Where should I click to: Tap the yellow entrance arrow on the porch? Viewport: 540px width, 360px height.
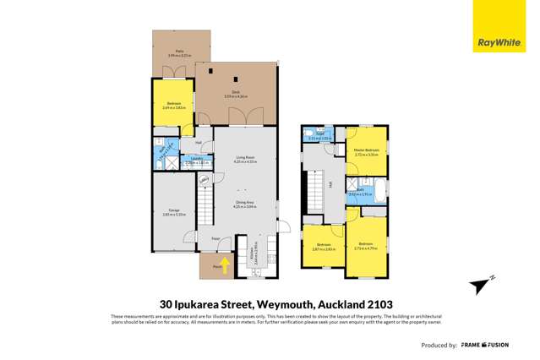pos(224,263)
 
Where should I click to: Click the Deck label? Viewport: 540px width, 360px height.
pos(228,95)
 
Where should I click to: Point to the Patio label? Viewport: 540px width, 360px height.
pos(180,53)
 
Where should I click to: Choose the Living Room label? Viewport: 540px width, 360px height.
pos(243,158)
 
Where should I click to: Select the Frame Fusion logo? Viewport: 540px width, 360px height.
pos(497,346)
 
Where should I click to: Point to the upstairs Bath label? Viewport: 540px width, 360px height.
pos(361,192)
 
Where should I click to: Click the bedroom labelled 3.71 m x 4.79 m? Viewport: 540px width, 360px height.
pos(366,246)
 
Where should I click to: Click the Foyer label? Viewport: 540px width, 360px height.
pos(215,239)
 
